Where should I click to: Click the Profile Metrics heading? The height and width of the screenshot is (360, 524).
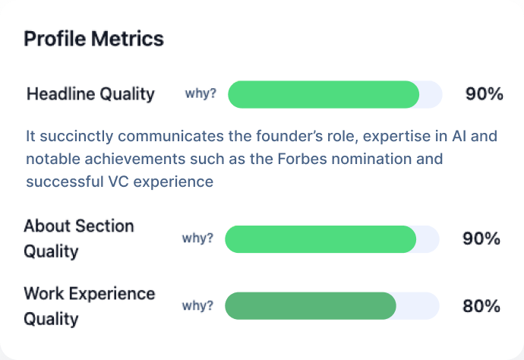[x=94, y=38]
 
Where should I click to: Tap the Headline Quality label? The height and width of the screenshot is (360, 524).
[x=90, y=94]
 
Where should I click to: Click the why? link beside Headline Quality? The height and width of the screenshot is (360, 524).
[x=200, y=94]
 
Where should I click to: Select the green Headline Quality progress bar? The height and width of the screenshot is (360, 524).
[x=324, y=94]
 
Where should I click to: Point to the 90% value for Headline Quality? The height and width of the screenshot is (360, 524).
[x=484, y=94]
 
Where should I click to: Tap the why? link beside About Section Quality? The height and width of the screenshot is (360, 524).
[x=197, y=238]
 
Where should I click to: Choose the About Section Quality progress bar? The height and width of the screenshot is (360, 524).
[x=320, y=238]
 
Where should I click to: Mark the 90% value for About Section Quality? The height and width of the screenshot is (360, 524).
[x=481, y=238]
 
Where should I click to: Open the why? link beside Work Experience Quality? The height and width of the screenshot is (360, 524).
[x=197, y=306]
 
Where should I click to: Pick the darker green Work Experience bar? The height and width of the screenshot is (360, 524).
[x=311, y=306]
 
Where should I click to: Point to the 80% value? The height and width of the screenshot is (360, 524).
[x=481, y=306]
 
